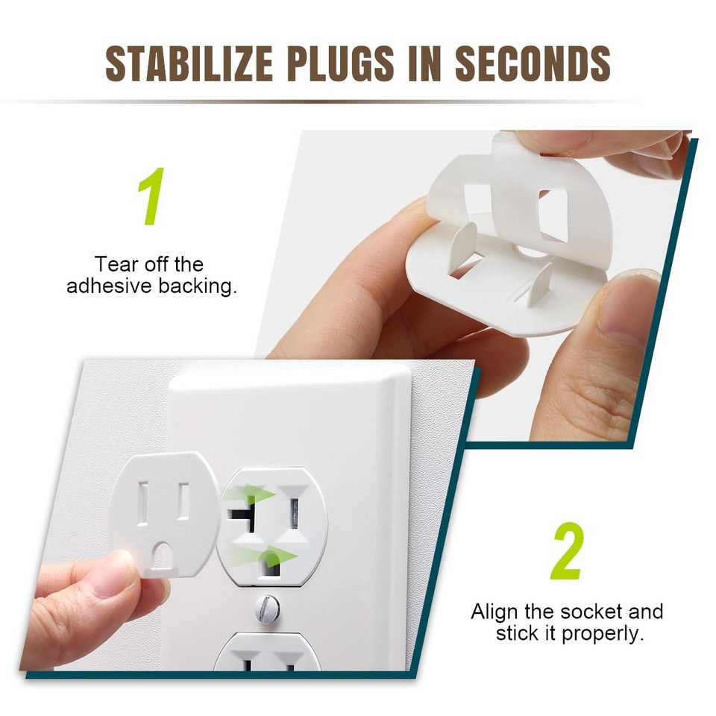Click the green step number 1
tap(151, 198)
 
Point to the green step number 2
tap(567, 553)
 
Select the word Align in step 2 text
tap(497, 612)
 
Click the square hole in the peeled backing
tap(553, 216)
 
